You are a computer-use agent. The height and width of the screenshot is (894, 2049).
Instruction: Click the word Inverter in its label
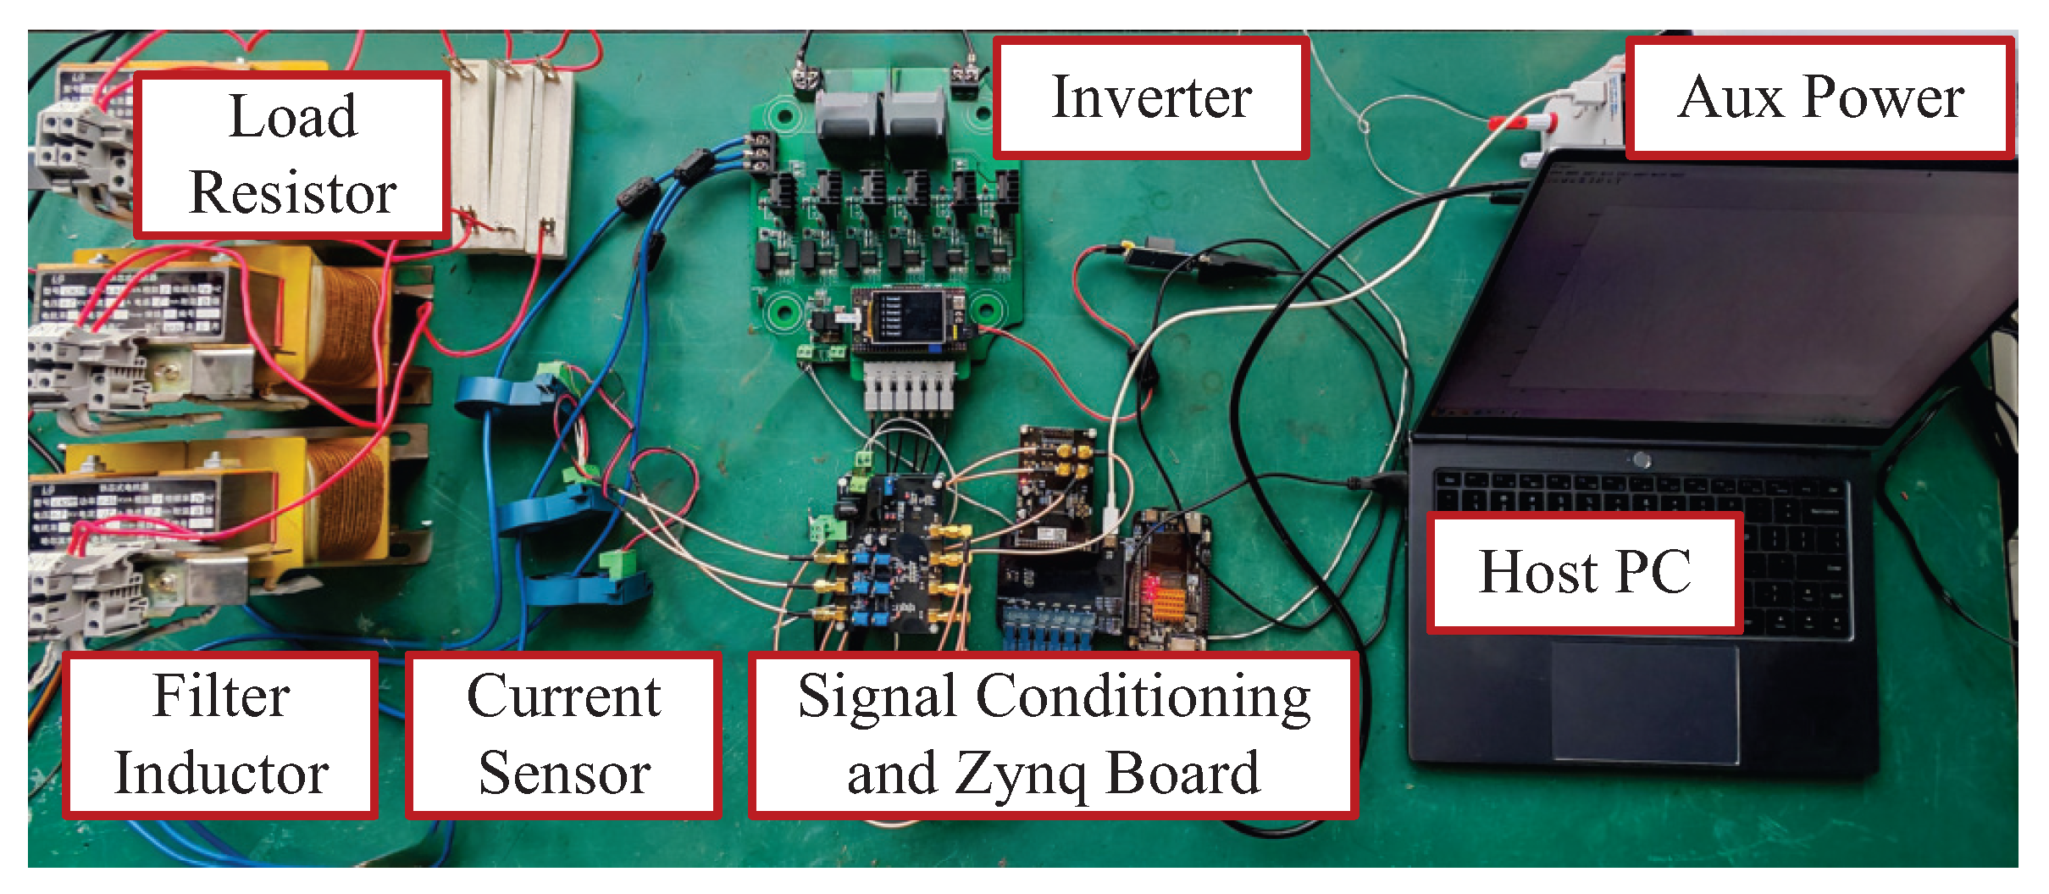tap(1151, 97)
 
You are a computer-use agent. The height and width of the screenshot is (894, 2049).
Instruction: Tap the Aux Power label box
tap(1819, 97)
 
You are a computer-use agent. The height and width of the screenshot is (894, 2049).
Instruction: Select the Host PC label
tap(1584, 572)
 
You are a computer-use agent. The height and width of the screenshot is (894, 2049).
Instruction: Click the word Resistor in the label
tap(293, 192)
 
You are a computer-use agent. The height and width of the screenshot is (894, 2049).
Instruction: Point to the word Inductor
tap(221, 773)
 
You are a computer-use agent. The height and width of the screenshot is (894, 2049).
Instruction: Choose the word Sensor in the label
tap(564, 773)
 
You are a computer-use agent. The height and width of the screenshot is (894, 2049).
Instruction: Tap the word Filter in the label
tap(221, 697)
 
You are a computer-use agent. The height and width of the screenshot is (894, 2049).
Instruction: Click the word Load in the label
tap(293, 116)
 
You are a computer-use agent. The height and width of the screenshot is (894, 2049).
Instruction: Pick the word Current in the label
tap(564, 697)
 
